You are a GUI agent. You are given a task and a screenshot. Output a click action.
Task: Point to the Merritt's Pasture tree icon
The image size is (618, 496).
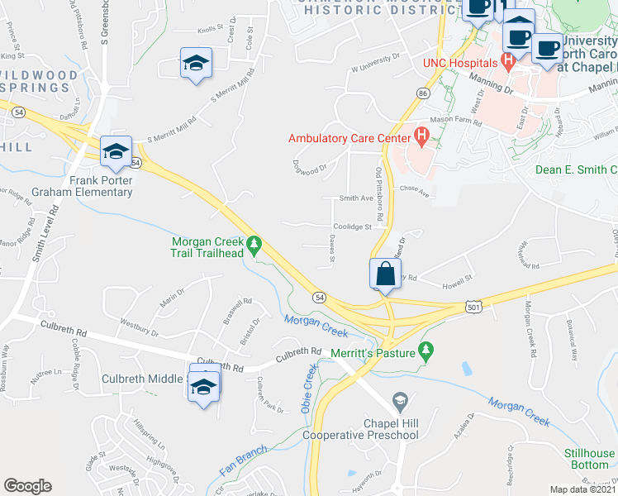click(426, 351)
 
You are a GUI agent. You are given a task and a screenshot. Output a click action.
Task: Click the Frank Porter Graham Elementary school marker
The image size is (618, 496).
click(116, 151)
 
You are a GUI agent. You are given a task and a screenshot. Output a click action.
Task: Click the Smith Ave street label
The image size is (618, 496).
click(357, 198)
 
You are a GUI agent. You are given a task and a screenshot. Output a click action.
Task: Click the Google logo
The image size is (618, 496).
click(27, 486)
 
